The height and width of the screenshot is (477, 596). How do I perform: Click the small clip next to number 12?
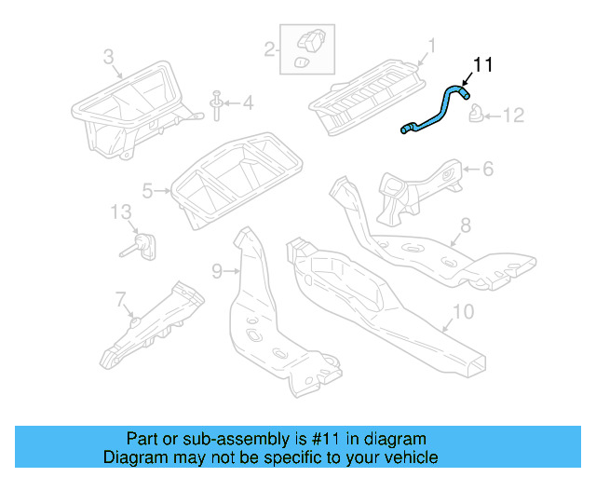[476, 115]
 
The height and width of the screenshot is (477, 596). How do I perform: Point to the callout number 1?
[431, 45]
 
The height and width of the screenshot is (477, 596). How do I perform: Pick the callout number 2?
[269, 48]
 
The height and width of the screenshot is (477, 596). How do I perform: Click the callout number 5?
[147, 191]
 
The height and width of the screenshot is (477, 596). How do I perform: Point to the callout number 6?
[487, 169]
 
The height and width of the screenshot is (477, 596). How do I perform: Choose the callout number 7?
[119, 298]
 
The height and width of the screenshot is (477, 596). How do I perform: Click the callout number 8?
[466, 225]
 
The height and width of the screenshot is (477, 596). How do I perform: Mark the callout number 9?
[216, 271]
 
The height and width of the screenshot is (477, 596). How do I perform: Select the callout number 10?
[463, 311]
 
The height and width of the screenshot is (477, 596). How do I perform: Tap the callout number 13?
[122, 211]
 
